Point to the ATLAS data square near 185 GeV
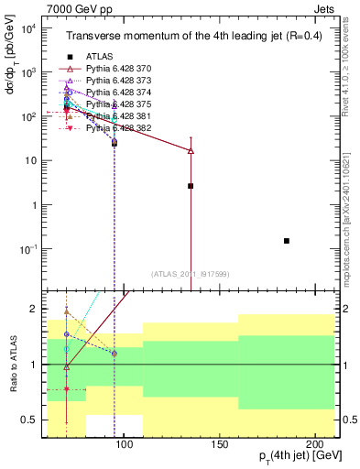tap(287, 241)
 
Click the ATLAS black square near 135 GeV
tap(191, 186)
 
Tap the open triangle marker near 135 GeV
tap(191, 150)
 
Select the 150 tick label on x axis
tap(219, 445)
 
